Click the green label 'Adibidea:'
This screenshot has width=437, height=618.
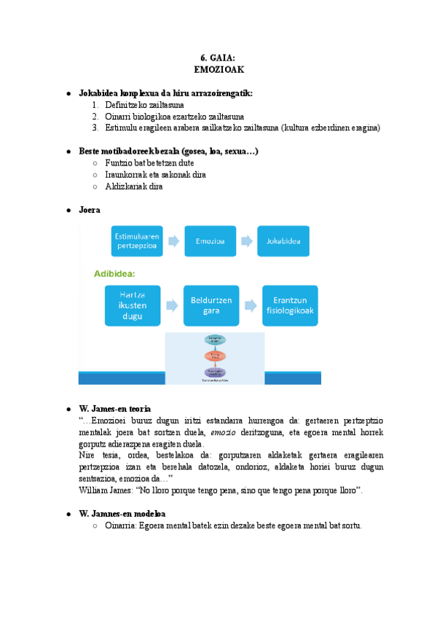(x=116, y=275)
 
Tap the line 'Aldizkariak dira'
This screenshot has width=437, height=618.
(x=134, y=187)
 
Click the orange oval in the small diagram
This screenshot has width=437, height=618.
(x=215, y=356)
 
